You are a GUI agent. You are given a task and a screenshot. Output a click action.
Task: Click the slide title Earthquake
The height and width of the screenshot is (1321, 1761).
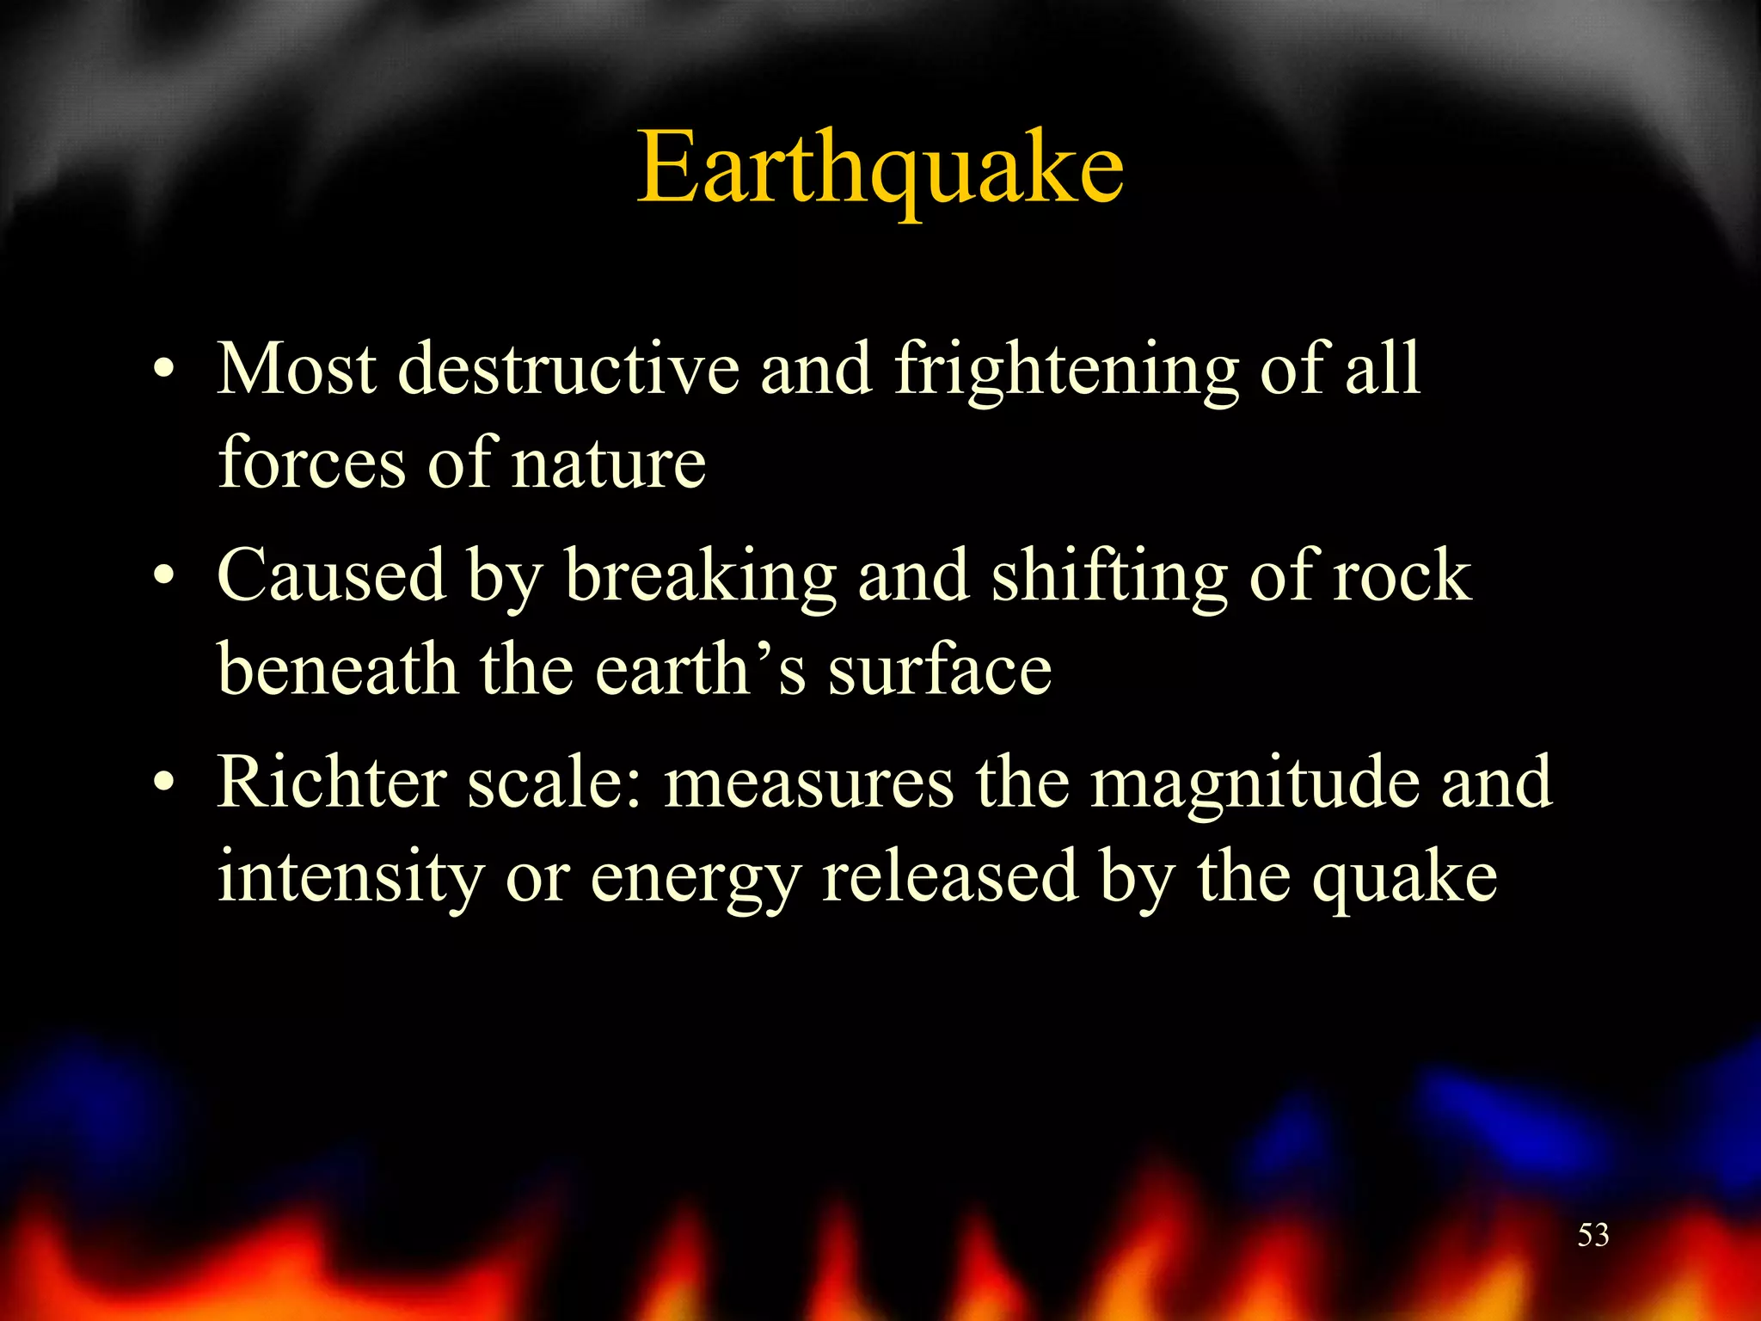click(880, 169)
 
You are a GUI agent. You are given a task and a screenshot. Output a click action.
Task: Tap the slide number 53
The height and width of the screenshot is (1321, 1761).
click(1592, 1235)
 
